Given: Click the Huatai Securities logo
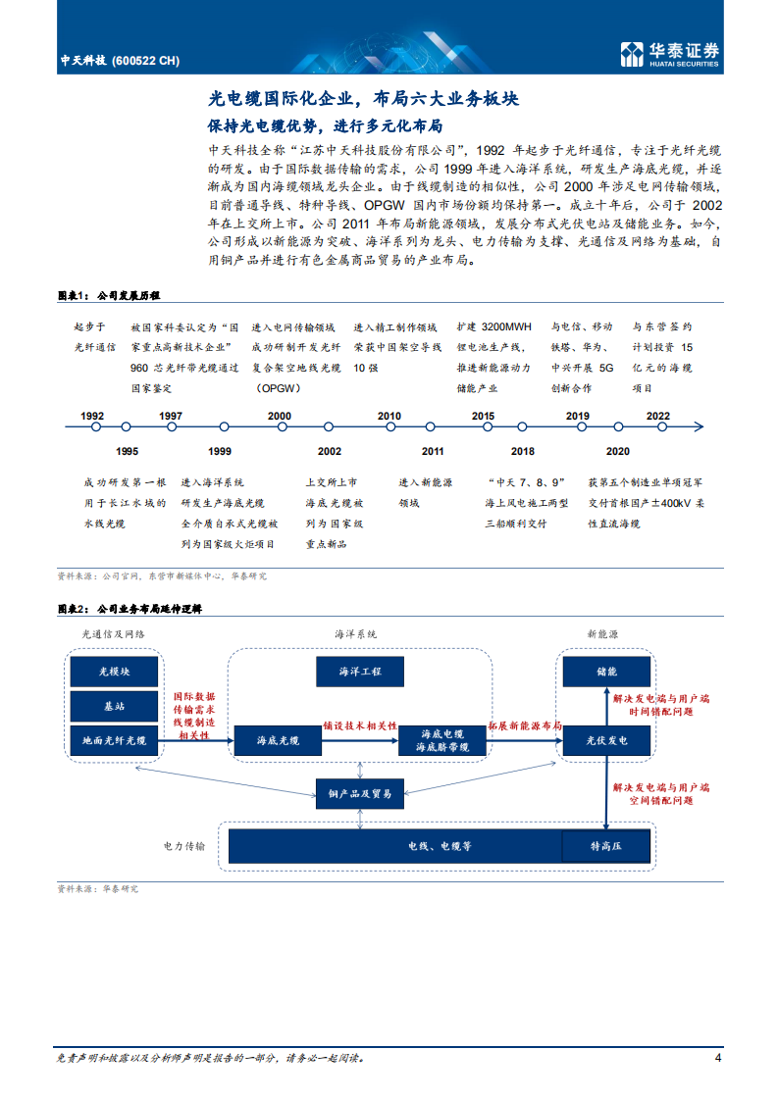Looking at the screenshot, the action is (x=671, y=55).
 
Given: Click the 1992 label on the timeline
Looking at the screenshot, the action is (x=92, y=416).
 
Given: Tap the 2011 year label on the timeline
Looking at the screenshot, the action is (x=433, y=451).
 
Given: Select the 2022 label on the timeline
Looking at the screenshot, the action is (x=657, y=416).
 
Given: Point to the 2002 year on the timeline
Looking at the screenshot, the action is (x=329, y=451).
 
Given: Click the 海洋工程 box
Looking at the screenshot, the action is (x=359, y=672).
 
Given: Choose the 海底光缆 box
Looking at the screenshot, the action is (x=278, y=740).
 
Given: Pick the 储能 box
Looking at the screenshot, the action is (x=605, y=672).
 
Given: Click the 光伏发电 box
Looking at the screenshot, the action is (x=605, y=740).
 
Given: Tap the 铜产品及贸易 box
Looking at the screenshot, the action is (x=359, y=793).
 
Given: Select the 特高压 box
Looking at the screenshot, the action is (x=605, y=845).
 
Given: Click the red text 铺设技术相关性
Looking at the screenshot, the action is (x=360, y=726).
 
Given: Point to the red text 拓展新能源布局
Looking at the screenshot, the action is (x=525, y=726).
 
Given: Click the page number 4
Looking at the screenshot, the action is (x=718, y=1058).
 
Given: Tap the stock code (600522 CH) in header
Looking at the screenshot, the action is (x=147, y=60).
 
